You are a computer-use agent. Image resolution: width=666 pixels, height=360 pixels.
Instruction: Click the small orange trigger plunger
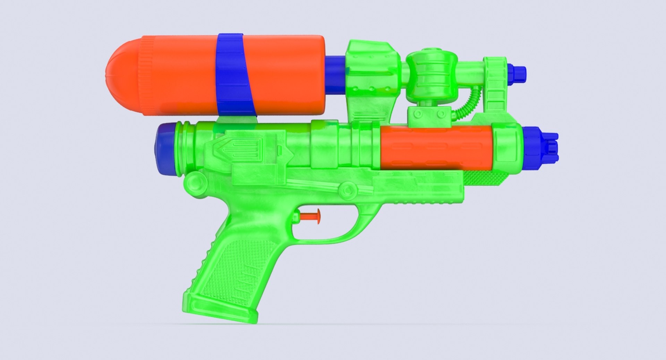coord(310,216)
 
